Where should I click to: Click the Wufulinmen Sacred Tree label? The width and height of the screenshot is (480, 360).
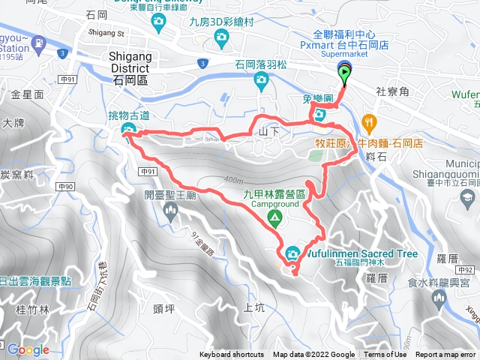click(360, 253)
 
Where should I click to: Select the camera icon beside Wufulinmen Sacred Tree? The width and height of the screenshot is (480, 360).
click(292, 253)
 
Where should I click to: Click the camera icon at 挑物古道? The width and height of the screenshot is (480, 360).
click(127, 132)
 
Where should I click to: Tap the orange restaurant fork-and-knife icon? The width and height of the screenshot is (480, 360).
click(368, 121)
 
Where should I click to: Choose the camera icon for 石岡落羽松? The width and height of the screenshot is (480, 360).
click(260, 83)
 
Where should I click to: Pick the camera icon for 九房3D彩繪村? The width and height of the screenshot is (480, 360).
click(220, 37)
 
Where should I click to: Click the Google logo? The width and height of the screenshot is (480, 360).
click(28, 349)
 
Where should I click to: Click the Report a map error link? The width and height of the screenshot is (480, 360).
click(447, 355)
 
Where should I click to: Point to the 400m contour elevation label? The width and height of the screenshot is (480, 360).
click(233, 180)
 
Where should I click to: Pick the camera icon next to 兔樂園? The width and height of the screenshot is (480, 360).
click(319, 115)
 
